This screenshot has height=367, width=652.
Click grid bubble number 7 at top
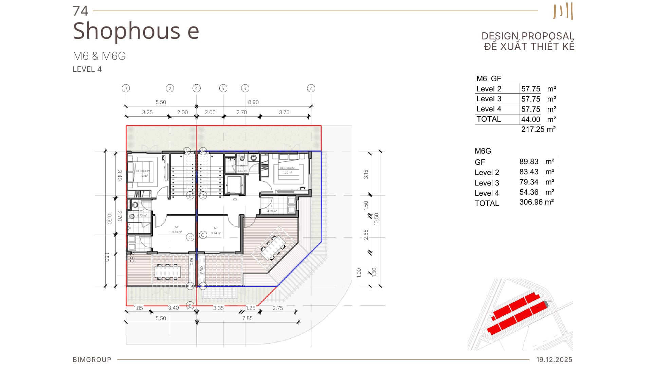tap(311, 88)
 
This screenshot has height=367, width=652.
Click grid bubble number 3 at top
tap(126, 88)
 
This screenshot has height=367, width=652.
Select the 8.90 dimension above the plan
tap(253, 102)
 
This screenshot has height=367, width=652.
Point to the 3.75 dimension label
tap(284, 112)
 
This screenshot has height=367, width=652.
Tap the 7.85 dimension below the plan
tap(247, 318)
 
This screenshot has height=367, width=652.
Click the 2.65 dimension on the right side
tap(366, 234)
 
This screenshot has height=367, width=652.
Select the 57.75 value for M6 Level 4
tap(530, 109)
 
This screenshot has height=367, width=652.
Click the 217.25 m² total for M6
tap(538, 129)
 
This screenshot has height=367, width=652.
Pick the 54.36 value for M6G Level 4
tap(529, 192)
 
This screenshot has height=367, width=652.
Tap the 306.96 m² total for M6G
tap(536, 202)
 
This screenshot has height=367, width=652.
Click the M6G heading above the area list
tap(483, 151)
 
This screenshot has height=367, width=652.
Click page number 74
tap(80, 11)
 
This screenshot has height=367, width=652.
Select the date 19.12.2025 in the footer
tap(554, 360)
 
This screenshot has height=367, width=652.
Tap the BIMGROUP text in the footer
tap(92, 360)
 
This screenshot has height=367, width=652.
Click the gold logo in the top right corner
tap(563, 11)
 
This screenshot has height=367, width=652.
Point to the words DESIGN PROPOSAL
tap(527, 36)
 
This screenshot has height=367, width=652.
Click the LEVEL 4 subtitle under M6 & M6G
tap(87, 69)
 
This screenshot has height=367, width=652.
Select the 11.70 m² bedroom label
tap(287, 173)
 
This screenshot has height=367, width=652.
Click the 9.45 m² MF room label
tap(177, 232)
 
